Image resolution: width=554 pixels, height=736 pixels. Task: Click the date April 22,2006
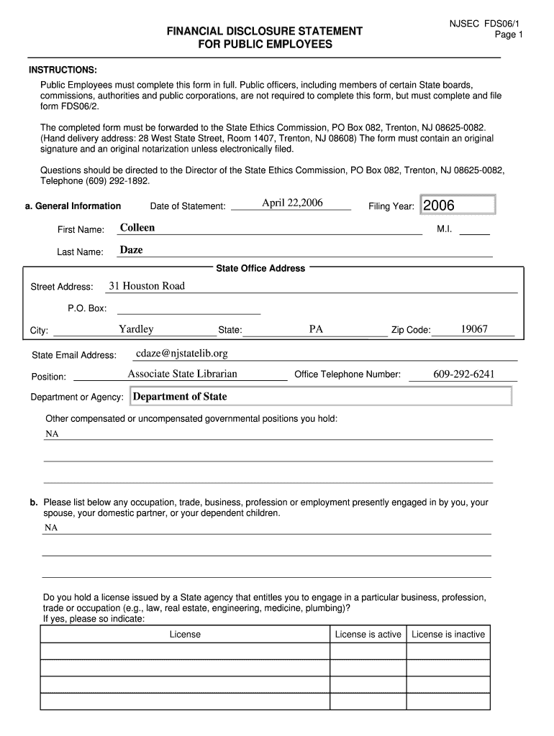292,203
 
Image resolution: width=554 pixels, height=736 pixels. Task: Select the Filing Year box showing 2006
458,206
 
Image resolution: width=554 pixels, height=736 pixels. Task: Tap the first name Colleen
137,228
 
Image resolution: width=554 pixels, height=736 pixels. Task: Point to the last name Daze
131,250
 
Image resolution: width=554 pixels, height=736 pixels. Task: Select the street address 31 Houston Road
147,286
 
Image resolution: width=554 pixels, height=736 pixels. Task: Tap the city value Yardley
136,329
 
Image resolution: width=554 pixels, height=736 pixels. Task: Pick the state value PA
316,329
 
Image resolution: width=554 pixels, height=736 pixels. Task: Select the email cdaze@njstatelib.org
181,353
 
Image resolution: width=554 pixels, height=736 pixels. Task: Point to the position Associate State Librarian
182,374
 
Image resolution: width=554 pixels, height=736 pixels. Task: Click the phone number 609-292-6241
463,374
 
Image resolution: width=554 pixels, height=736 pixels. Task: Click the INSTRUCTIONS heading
63,70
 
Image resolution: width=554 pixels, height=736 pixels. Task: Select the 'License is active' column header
368,634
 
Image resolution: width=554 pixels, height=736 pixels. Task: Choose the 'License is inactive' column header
448,634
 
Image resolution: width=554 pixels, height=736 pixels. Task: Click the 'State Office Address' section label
260,268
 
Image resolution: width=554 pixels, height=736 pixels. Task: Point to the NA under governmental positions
52,434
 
